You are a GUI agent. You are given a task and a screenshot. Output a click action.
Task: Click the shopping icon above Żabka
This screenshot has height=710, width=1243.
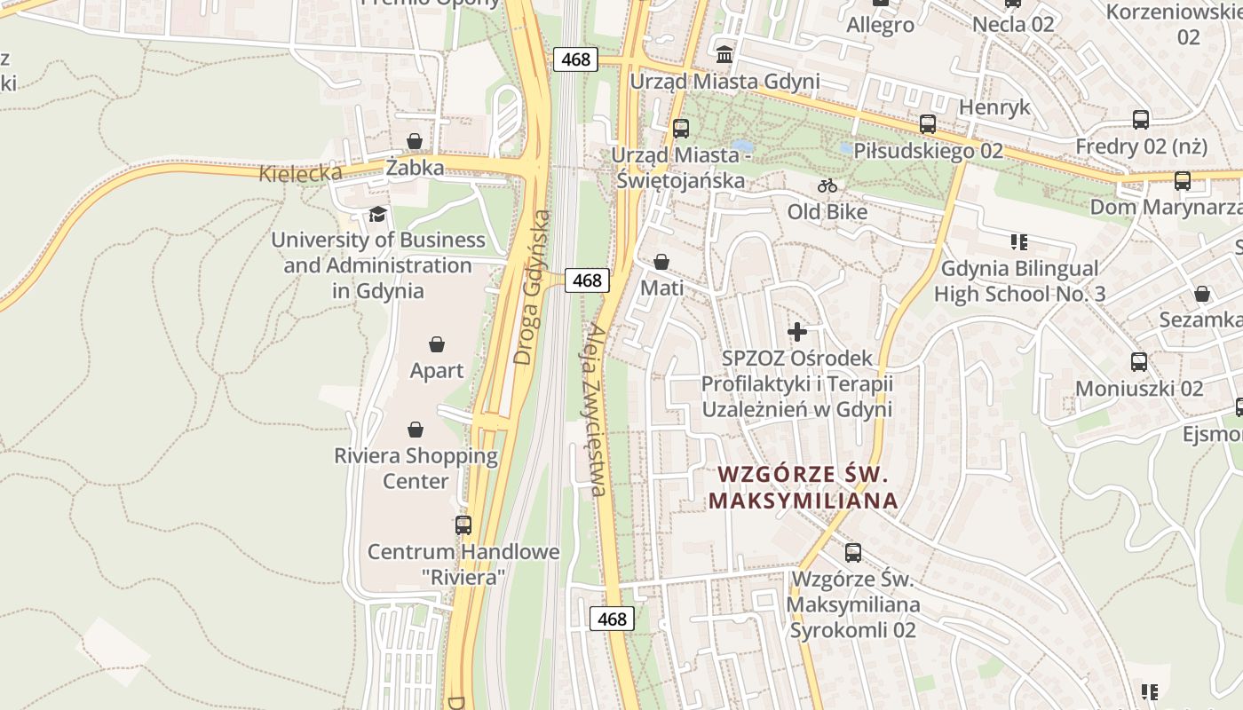(415, 141)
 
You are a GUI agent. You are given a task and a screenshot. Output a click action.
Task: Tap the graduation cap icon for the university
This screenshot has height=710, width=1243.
(378, 214)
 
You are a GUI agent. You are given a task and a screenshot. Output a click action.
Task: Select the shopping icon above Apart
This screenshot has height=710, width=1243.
(437, 344)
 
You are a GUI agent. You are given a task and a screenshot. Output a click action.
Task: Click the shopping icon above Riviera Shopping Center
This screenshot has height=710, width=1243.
(416, 430)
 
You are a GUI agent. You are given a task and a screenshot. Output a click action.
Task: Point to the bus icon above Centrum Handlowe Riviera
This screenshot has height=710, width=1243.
(463, 525)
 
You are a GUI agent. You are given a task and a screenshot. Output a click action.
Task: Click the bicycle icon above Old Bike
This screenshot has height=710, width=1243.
(827, 185)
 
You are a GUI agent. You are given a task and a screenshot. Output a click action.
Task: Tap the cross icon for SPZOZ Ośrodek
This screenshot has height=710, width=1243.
(797, 332)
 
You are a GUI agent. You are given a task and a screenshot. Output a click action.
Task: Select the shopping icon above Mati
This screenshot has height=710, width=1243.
(661, 262)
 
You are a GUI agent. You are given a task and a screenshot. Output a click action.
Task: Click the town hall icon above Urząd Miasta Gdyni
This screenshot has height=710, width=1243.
(724, 55)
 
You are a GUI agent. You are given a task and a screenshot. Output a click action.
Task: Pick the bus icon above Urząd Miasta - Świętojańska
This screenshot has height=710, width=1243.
(681, 129)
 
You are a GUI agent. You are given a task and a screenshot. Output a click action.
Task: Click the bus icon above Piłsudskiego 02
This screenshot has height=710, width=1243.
(928, 124)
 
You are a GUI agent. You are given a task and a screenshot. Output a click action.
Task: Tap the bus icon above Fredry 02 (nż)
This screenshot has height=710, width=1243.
(1141, 119)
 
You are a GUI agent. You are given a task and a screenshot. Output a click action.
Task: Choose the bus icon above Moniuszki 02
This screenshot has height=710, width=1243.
(1139, 362)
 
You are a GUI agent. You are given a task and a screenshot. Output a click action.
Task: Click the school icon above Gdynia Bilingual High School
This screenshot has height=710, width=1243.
(1019, 241)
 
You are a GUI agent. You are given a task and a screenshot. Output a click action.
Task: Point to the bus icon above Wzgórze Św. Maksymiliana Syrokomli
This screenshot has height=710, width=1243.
(853, 553)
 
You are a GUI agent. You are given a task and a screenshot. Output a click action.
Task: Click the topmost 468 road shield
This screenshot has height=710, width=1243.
(576, 59)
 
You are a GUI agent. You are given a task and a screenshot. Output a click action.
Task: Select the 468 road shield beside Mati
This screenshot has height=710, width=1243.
(587, 280)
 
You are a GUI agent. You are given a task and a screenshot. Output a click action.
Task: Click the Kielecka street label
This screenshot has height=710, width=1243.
(300, 172)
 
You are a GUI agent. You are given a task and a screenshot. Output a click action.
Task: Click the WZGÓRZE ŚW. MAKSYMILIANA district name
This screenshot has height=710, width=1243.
(803, 487)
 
